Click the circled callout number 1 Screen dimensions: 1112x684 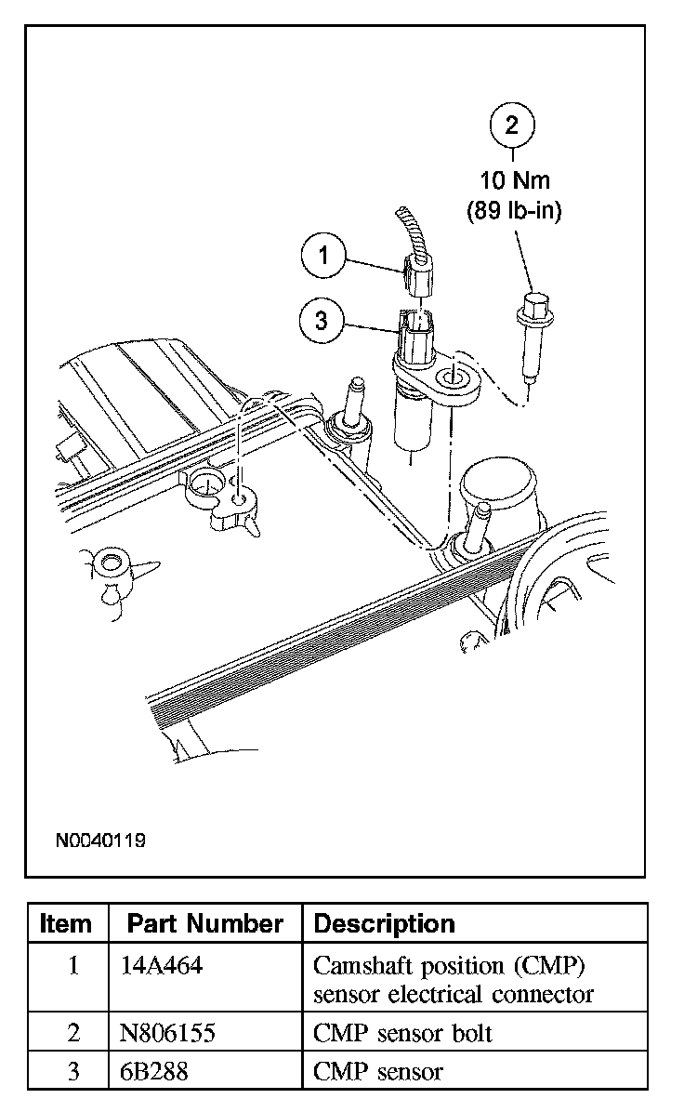coord(323,257)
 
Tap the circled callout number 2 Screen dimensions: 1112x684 coord(512,126)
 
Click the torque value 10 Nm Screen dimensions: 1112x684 coord(513,181)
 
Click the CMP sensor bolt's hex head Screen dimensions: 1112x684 coord(534,305)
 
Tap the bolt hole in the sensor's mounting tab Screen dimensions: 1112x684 coord(456,377)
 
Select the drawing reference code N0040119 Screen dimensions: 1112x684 coord(100,841)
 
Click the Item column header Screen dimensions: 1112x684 coord(67,923)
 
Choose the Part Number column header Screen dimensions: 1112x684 coord(204,923)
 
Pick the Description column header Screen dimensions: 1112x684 coord(385,923)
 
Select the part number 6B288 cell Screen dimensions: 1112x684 coord(154,1071)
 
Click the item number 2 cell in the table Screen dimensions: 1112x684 coord(73,1032)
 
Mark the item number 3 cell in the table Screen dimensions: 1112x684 coord(73,1071)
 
